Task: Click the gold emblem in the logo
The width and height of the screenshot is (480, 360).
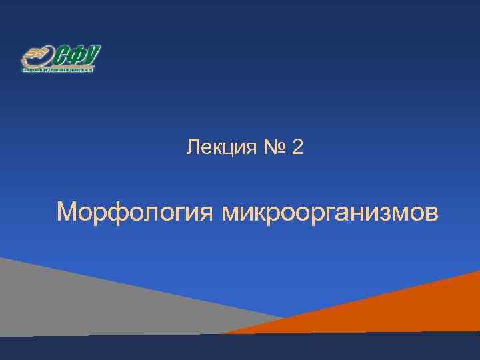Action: (x=35, y=56)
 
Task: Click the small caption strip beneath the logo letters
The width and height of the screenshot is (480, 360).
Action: (x=58, y=69)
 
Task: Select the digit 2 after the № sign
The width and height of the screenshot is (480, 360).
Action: (x=297, y=147)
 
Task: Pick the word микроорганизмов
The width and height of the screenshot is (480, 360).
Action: (x=330, y=214)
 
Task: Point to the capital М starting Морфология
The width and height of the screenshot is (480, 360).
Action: (x=68, y=213)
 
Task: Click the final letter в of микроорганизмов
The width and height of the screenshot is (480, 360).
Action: (x=431, y=215)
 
